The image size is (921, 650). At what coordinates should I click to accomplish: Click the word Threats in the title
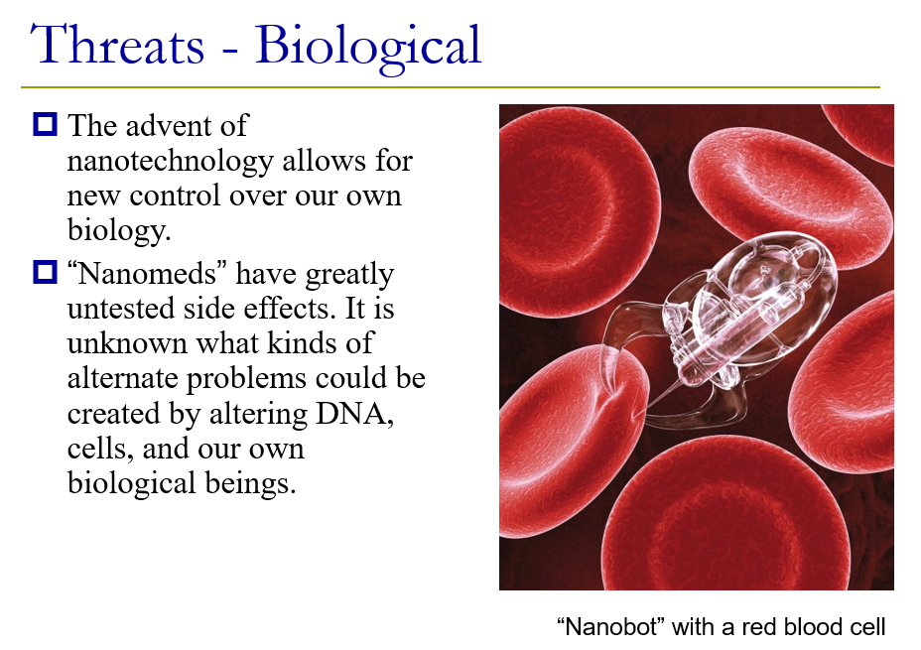point(117,45)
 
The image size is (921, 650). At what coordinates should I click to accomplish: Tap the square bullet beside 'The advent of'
point(45,124)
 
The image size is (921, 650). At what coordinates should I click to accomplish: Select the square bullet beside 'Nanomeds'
point(45,273)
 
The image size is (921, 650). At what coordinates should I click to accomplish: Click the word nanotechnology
point(171,161)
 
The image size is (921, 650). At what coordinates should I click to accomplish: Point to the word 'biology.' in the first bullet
point(119,230)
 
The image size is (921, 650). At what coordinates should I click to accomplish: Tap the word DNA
point(354,414)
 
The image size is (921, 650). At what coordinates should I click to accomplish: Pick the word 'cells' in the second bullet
point(99,449)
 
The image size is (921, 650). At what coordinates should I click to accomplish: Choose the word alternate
point(123,379)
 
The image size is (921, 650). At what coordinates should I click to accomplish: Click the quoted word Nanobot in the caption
point(609,626)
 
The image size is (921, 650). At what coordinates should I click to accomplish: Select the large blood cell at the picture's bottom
point(726,517)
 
